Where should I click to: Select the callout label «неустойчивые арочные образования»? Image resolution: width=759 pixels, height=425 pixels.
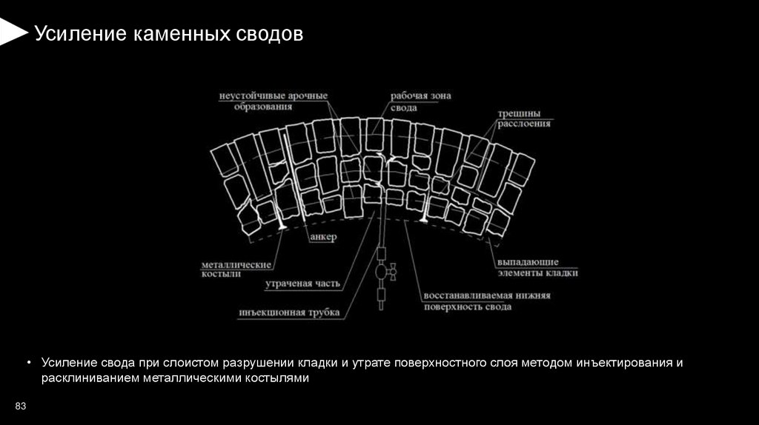[274, 101]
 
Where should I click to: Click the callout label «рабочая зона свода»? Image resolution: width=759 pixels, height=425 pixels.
[421, 101]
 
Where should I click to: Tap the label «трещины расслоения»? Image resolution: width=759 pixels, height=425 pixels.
[524, 118]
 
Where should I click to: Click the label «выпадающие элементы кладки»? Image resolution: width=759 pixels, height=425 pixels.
[537, 267]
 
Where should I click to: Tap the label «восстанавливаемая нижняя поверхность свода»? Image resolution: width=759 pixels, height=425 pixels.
[486, 301]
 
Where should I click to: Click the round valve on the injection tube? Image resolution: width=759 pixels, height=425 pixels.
[382, 272]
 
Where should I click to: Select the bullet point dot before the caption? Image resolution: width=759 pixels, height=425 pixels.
[29, 363]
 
